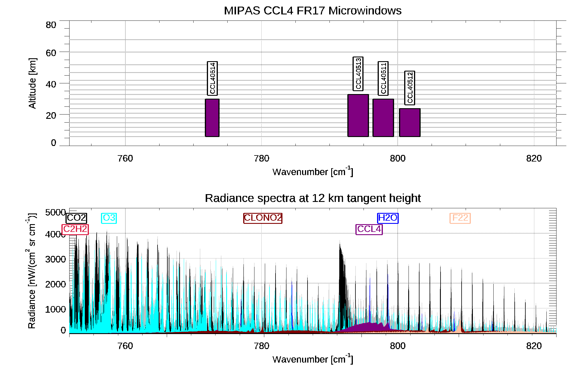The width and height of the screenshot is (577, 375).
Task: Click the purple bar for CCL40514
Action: tap(212, 118)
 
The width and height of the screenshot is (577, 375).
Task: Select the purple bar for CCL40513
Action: tap(358, 115)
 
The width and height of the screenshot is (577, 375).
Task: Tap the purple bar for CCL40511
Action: tap(383, 118)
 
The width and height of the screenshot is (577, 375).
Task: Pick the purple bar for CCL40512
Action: tap(410, 122)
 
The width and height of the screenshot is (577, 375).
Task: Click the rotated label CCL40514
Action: tap(212, 78)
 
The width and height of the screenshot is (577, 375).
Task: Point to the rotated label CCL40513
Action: tap(358, 74)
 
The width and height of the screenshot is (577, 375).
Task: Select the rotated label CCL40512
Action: tap(410, 88)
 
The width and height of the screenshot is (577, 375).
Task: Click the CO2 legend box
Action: tap(76, 218)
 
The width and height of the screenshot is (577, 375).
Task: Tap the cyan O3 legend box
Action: tap(109, 218)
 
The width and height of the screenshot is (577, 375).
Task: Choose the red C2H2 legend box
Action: tap(75, 229)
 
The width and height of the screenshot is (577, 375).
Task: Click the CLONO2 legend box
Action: tap(263, 218)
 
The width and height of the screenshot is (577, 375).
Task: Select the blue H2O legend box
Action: tap(388, 218)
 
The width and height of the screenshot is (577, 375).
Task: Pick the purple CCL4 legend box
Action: tap(369, 229)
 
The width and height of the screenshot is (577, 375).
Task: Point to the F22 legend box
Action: tap(460, 218)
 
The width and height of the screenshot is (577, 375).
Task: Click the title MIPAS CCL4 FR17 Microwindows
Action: tap(312, 11)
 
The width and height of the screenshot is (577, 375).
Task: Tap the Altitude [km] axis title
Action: tap(32, 83)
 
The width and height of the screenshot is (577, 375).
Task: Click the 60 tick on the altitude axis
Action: tap(51, 53)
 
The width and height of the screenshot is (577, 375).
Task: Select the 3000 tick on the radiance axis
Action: tap(55, 259)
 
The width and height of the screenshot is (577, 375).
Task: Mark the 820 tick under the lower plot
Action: tap(534, 346)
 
